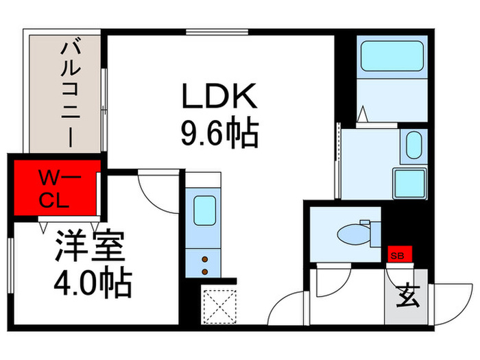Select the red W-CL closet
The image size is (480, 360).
coord(56,189)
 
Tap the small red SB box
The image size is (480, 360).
coord(398,255)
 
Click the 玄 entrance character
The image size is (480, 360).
coord(409,296)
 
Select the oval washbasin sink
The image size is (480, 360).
coord(413,145)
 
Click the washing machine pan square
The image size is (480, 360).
coord(409,182)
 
